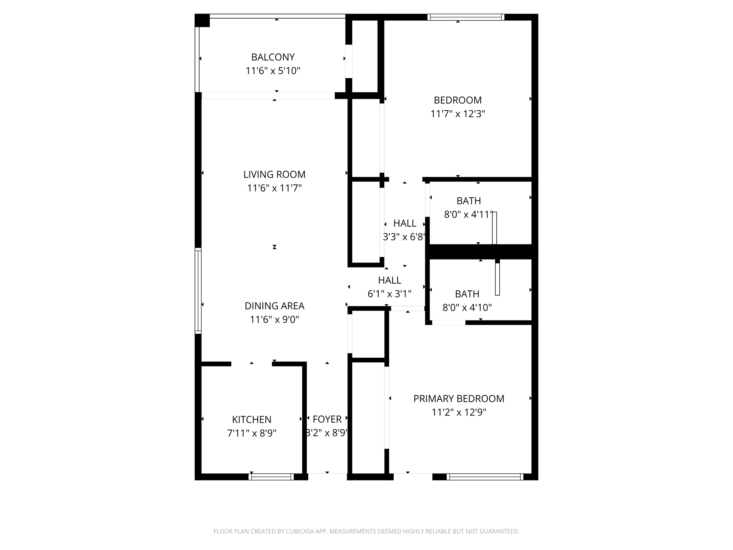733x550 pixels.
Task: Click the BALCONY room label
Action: coord(273,57)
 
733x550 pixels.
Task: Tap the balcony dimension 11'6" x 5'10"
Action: coord(273,71)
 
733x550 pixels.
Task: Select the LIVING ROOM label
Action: coord(274,174)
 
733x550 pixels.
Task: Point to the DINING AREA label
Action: coord(274,306)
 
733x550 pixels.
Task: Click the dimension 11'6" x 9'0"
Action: coord(274,319)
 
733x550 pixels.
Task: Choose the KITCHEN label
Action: coord(252,419)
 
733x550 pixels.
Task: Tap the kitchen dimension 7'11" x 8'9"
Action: coord(252,433)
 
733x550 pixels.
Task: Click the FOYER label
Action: coord(327,419)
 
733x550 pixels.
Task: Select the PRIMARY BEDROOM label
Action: coord(458,399)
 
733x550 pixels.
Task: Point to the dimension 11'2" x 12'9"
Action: coord(458,412)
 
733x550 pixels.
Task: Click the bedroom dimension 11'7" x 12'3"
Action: coord(457,114)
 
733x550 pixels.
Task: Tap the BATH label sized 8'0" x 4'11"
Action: coord(469,201)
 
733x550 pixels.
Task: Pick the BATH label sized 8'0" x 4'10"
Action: coord(467,294)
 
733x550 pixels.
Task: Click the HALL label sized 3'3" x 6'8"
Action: coord(404,223)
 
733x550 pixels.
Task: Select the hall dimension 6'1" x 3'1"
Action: coord(389,294)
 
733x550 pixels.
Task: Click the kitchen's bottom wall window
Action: coord(271,477)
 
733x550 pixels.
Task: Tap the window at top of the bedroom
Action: coord(466,17)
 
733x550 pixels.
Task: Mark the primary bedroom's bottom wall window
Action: coord(485,477)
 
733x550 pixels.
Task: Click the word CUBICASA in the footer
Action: coord(300,531)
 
